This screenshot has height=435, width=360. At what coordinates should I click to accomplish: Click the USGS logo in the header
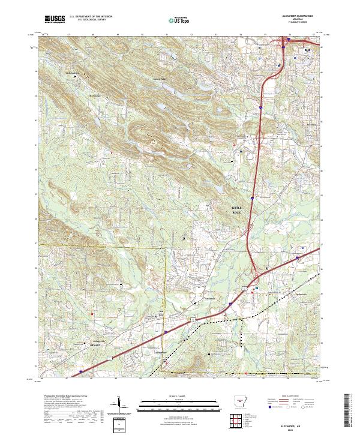pyautogui.click(x=55, y=20)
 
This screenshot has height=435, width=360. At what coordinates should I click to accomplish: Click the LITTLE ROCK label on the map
pyautogui.click(x=239, y=209)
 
